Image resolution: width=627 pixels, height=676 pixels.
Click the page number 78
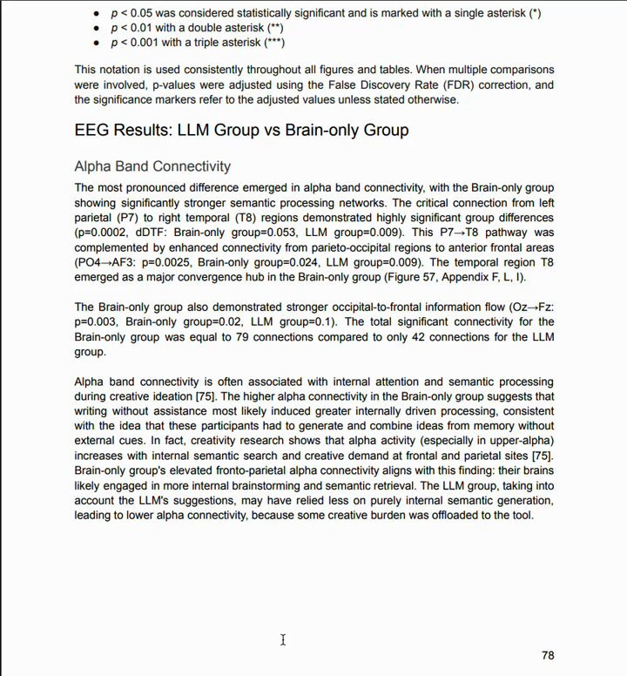547,655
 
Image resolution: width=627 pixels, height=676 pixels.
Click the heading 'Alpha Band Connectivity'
152,166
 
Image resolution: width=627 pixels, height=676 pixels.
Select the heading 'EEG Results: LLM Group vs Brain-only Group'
241,131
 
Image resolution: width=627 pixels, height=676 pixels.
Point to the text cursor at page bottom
283,640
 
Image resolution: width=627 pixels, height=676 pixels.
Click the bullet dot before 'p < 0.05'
95,14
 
